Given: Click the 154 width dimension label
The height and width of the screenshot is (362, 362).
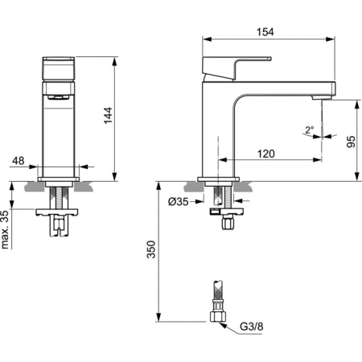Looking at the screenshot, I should click(x=265, y=31).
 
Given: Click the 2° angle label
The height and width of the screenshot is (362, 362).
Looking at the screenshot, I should click(x=309, y=130).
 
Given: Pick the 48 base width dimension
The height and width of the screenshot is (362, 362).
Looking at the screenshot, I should click(x=19, y=161).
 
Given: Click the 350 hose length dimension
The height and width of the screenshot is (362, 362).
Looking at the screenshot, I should click(x=150, y=250).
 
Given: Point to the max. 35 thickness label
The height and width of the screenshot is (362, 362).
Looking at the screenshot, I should click(x=7, y=228).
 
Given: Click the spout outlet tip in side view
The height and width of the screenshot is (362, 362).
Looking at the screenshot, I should click(x=324, y=96).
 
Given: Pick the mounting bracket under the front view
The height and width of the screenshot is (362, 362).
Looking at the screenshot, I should click(x=60, y=212).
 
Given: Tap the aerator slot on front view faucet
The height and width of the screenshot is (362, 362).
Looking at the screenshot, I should click(x=60, y=97).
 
